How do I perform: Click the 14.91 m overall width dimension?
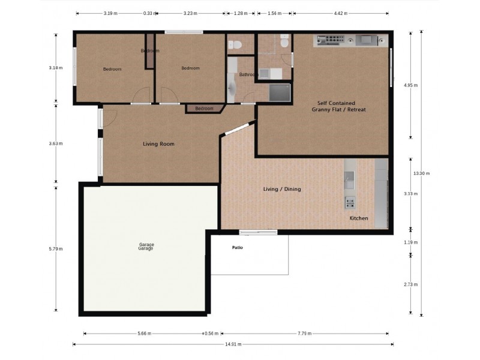[x=233, y=344]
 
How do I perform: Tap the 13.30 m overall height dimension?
[x=422, y=173]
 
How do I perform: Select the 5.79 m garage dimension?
[x=56, y=248]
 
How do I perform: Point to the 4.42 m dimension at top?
[x=340, y=13]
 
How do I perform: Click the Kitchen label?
[x=359, y=218]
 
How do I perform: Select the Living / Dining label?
[x=282, y=189]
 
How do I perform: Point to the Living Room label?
[x=158, y=144]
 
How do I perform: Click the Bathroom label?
[x=248, y=75]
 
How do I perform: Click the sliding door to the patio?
[x=258, y=232]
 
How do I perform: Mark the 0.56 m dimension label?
[x=210, y=334]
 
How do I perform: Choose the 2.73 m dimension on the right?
[x=411, y=284]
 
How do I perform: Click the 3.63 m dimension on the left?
[x=56, y=144]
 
